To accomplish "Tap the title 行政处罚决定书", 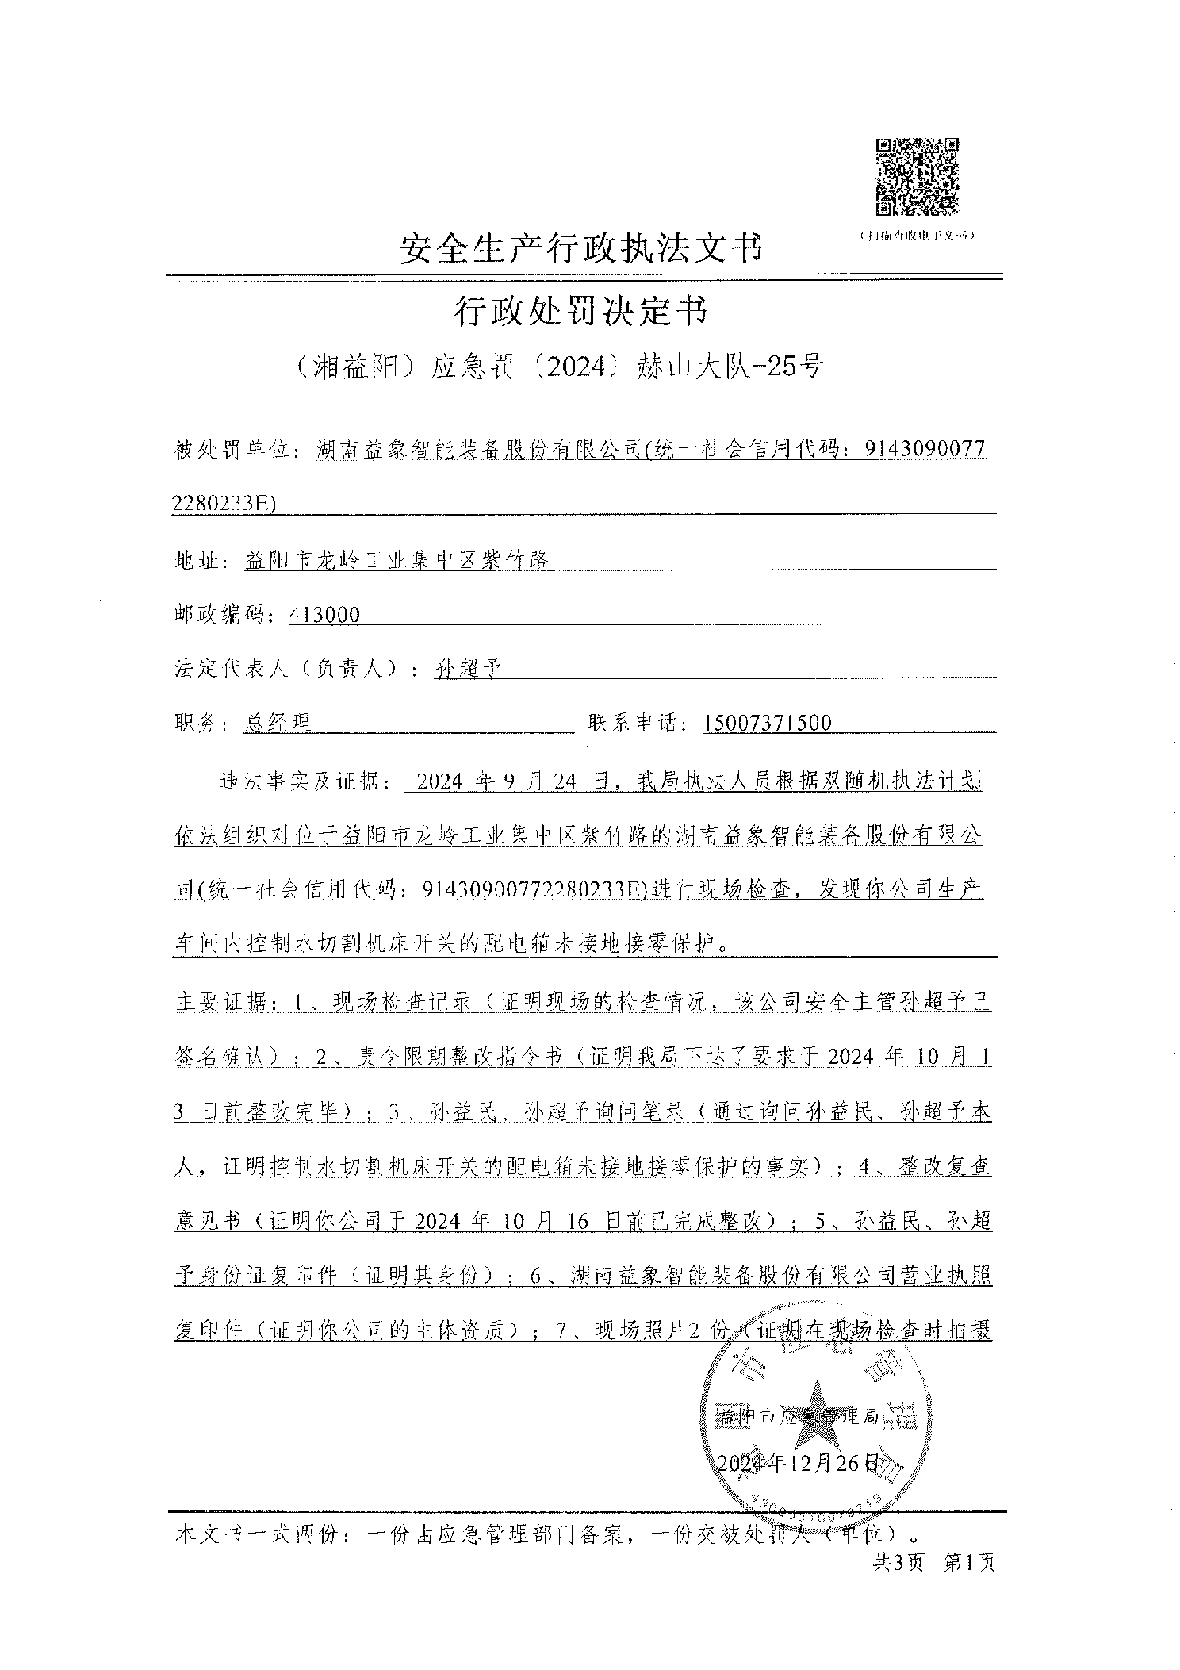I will [579, 311].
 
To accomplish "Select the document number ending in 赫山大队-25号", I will [559, 366].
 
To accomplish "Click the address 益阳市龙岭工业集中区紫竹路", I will [397, 560].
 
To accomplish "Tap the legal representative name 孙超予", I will [467, 669].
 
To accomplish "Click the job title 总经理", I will [277, 723].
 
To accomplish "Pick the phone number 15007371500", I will [767, 723].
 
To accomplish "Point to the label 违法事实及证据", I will [300, 781].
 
